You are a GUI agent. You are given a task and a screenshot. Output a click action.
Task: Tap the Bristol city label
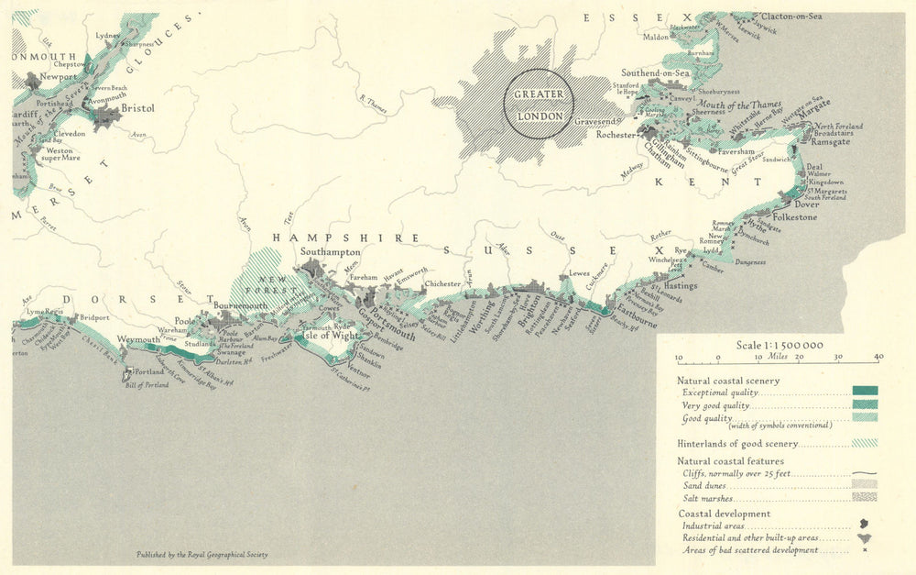tap(137, 108)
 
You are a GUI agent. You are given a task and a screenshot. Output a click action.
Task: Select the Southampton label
tap(331, 252)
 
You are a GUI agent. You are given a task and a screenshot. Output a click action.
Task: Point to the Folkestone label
tap(794, 217)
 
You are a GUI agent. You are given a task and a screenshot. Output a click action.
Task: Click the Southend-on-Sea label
tap(655, 72)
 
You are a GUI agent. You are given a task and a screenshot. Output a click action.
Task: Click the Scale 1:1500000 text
tap(780, 345)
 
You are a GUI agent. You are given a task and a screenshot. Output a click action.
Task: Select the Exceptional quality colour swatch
tap(864, 391)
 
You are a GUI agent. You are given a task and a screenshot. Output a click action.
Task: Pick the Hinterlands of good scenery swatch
tap(864, 443)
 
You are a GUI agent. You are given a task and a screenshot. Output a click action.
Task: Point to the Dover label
tap(807, 204)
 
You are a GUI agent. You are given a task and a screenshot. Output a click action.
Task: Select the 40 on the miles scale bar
tap(878, 357)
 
